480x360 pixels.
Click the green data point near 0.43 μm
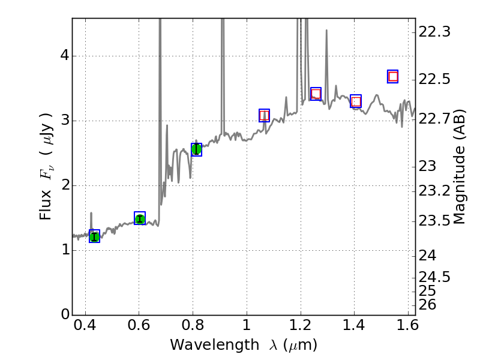click(x=94, y=236)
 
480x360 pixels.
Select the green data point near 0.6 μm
click(x=140, y=218)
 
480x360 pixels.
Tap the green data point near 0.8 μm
click(x=196, y=149)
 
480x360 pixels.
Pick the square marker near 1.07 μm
click(x=264, y=115)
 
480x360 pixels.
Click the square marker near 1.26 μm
click(x=316, y=94)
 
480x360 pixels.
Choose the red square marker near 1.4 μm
click(x=356, y=101)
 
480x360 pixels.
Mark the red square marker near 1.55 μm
click(x=393, y=76)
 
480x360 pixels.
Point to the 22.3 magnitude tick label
click(x=434, y=32)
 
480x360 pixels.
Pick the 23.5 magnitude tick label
click(x=434, y=221)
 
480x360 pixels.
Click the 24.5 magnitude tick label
click(x=434, y=277)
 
